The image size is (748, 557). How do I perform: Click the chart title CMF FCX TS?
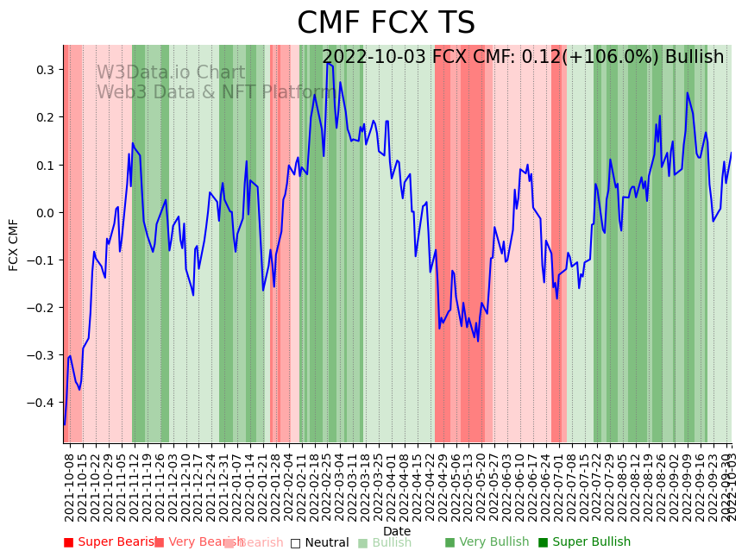point(386,23)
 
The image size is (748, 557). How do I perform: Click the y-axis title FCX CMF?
point(14,244)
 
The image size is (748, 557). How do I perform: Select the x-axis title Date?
point(397,531)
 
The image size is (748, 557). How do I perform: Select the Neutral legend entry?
point(320,542)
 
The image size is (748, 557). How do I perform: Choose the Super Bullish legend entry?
point(585,542)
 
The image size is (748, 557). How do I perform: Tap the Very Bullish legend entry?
point(487,542)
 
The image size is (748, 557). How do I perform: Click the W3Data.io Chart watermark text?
point(171,72)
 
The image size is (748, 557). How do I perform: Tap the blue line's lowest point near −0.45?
point(64,424)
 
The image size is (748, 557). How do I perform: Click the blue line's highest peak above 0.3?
point(327,62)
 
